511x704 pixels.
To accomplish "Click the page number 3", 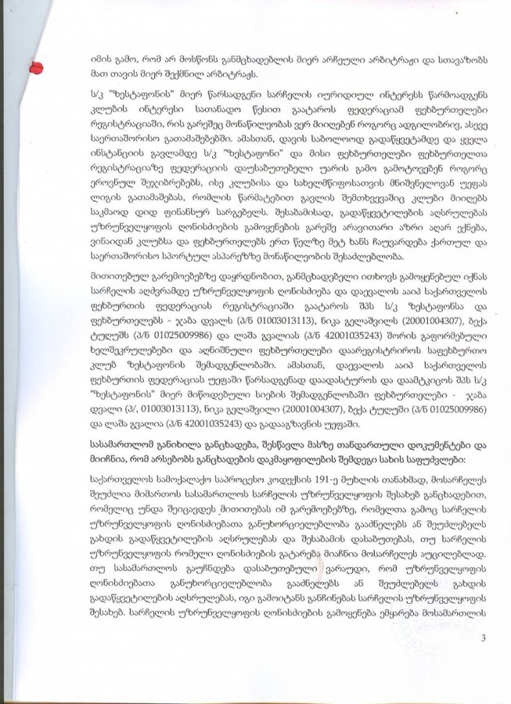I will point(484,640).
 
